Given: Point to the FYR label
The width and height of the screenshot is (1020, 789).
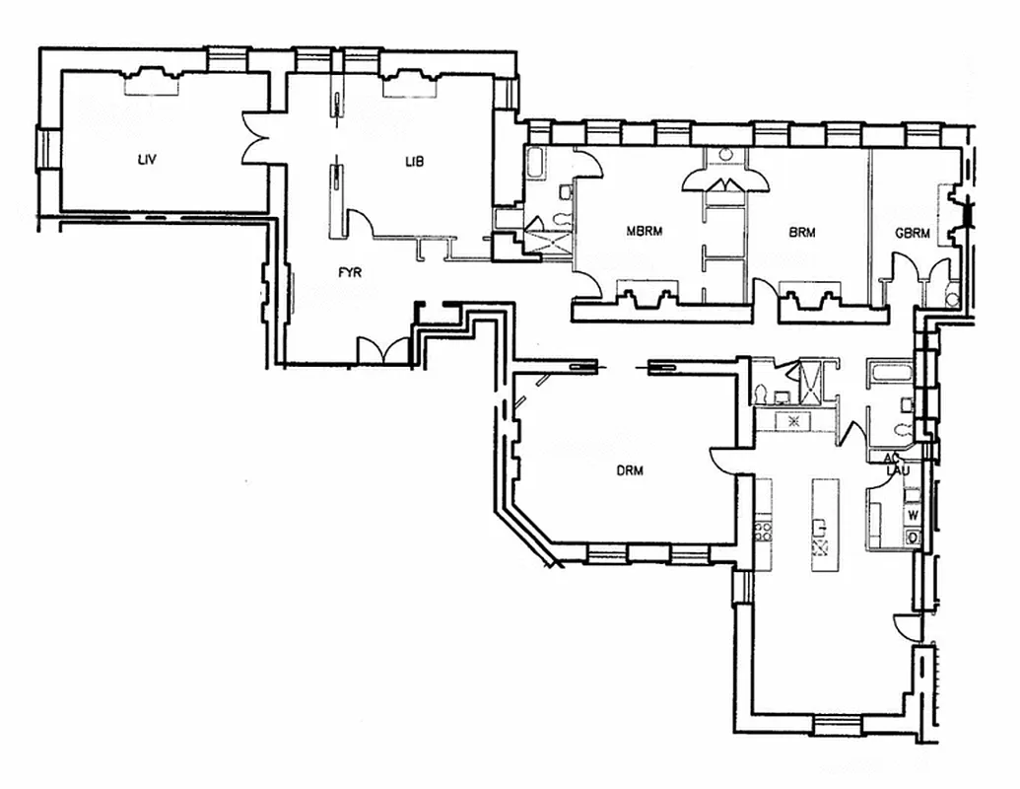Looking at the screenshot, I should click(350, 272).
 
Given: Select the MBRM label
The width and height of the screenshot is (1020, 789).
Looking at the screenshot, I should click(645, 233).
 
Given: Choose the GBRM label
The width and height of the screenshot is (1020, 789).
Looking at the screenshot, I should click(913, 234).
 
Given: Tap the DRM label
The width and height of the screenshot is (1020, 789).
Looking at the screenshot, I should click(630, 470).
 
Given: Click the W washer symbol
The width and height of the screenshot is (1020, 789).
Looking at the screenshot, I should click(913, 515).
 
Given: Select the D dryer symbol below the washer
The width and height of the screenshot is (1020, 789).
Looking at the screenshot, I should click(913, 537).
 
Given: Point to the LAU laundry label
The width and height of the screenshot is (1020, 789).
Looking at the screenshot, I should click(896, 471).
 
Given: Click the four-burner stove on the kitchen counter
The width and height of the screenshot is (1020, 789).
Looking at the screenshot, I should click(762, 532).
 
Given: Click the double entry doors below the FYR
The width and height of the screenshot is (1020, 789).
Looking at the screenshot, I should click(382, 350).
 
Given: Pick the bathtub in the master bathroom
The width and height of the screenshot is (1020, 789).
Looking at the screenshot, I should click(538, 163).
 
